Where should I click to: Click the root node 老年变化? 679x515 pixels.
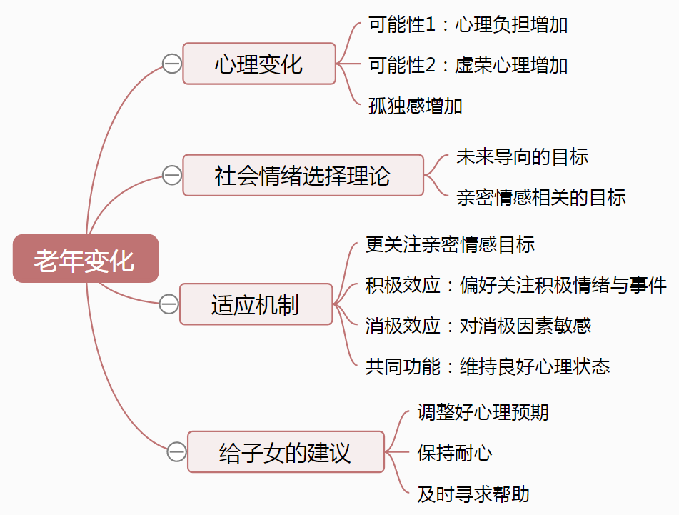click(85, 259)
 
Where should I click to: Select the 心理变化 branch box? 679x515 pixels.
click(258, 64)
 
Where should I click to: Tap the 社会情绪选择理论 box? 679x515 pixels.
click(303, 175)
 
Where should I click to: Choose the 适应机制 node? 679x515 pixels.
click(256, 304)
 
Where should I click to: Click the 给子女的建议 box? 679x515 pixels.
click(286, 452)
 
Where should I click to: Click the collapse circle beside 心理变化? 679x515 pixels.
click(172, 64)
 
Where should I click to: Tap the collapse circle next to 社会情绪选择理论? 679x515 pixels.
click(172, 175)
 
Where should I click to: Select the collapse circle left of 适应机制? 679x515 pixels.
click(169, 304)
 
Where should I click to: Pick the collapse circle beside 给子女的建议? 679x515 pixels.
click(177, 451)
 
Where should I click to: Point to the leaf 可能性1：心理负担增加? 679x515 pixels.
click(468, 25)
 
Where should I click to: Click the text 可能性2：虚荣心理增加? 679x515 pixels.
click(468, 65)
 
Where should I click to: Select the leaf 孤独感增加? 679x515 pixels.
click(416, 106)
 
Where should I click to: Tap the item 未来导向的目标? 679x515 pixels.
click(523, 156)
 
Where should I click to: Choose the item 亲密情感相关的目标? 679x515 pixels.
click(541, 196)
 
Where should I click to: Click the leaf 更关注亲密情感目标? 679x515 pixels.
click(450, 245)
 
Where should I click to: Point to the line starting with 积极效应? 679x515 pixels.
click(515, 286)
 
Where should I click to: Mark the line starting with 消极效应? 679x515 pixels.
click(478, 326)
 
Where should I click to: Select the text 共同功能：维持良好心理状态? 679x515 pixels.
click(488, 366)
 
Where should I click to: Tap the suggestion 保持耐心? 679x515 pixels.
click(455, 452)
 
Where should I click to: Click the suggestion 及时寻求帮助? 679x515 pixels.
click(473, 494)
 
